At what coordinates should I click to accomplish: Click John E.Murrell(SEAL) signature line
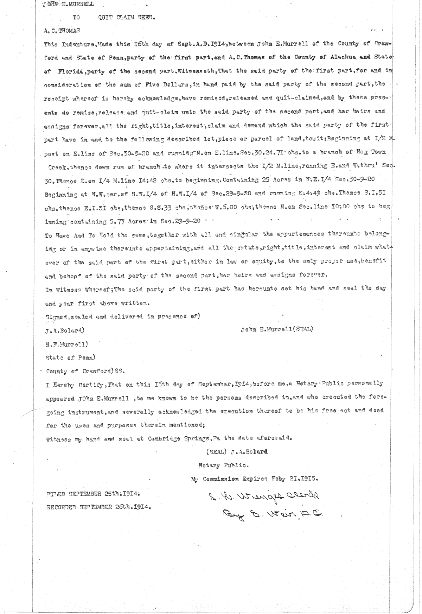(277, 330)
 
